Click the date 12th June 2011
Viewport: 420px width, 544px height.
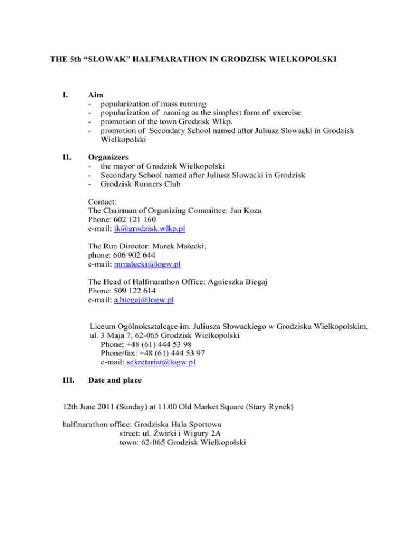click(x=83, y=407)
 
